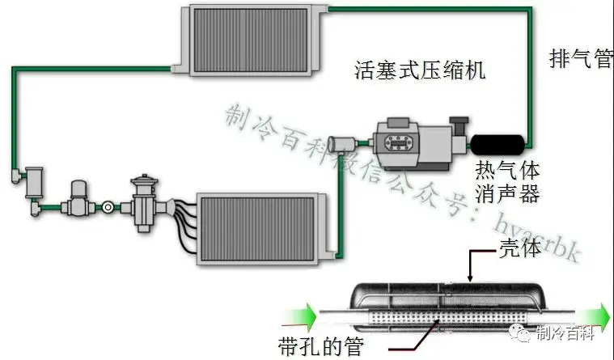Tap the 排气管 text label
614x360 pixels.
(580, 59)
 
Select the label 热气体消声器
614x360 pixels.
(507, 183)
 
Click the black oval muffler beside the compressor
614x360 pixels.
(498, 146)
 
